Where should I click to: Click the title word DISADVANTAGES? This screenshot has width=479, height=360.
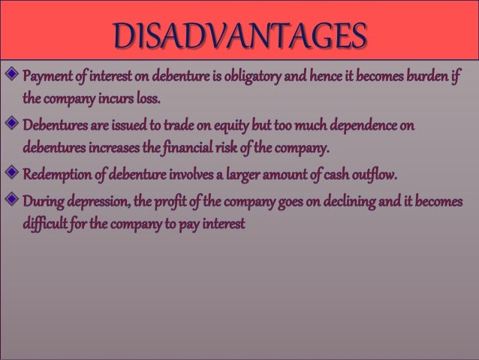pyautogui.click(x=241, y=35)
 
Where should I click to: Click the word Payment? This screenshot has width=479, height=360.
pyautogui.click(x=47, y=77)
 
